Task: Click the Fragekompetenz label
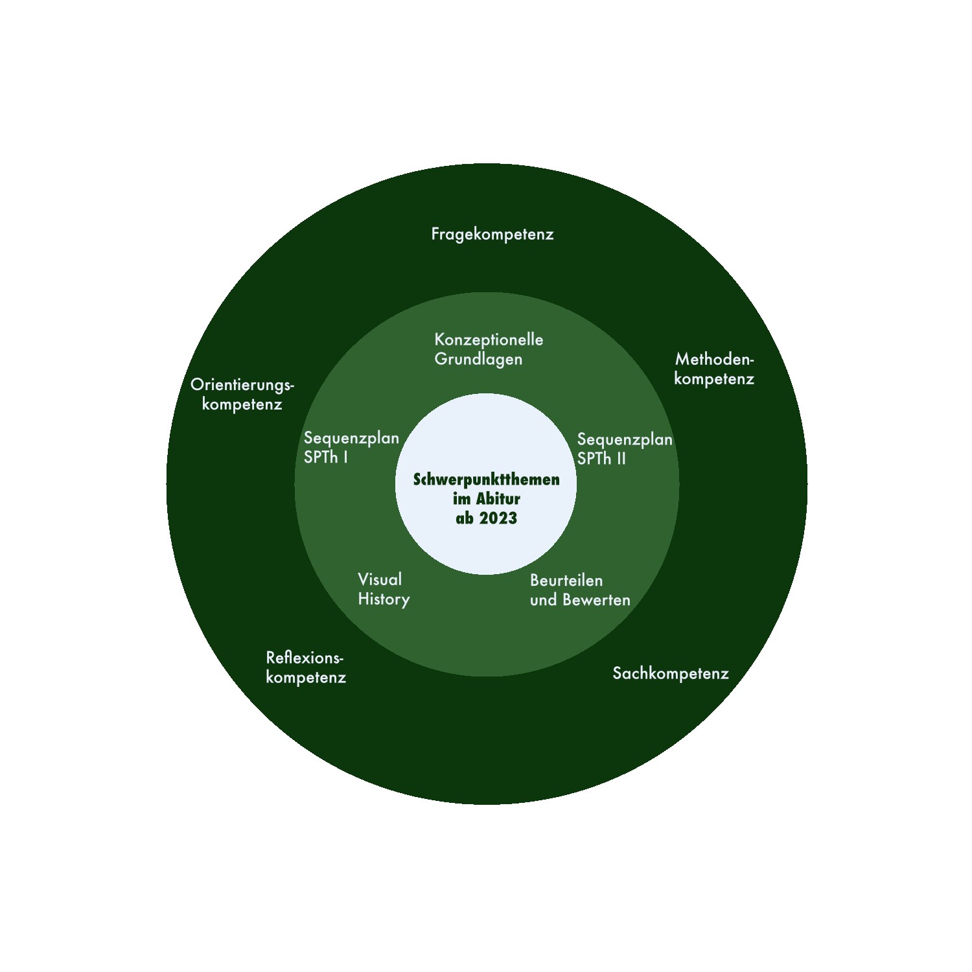(492, 234)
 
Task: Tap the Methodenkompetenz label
(714, 369)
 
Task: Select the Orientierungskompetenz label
(242, 394)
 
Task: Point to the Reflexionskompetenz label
(306, 667)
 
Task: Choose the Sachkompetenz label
(671, 673)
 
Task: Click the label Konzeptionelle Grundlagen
(489, 349)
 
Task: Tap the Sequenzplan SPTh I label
(351, 447)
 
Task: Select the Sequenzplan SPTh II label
(625, 448)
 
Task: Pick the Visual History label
(384, 589)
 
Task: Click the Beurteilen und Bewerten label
(580, 590)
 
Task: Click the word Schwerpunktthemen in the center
(486, 480)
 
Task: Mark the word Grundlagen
(478, 359)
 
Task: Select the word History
(384, 599)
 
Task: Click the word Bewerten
(596, 600)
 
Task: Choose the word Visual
(380, 579)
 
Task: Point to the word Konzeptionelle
(489, 340)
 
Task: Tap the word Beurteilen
(566, 580)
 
